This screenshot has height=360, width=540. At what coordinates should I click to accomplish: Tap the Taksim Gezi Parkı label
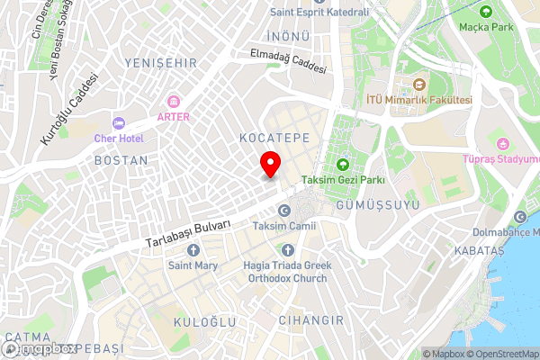(x=343, y=180)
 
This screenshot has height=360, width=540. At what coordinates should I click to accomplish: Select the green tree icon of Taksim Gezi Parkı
(x=343, y=164)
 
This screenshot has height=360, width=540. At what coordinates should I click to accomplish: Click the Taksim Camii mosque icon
(x=284, y=211)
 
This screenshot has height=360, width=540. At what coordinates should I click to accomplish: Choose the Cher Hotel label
(x=119, y=139)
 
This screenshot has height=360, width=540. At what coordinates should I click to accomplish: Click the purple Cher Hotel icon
(x=118, y=123)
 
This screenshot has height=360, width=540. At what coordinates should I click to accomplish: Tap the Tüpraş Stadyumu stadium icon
(x=503, y=143)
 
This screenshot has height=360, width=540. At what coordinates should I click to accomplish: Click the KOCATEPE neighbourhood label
(x=274, y=137)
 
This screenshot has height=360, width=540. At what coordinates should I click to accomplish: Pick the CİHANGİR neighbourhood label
(x=311, y=320)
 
